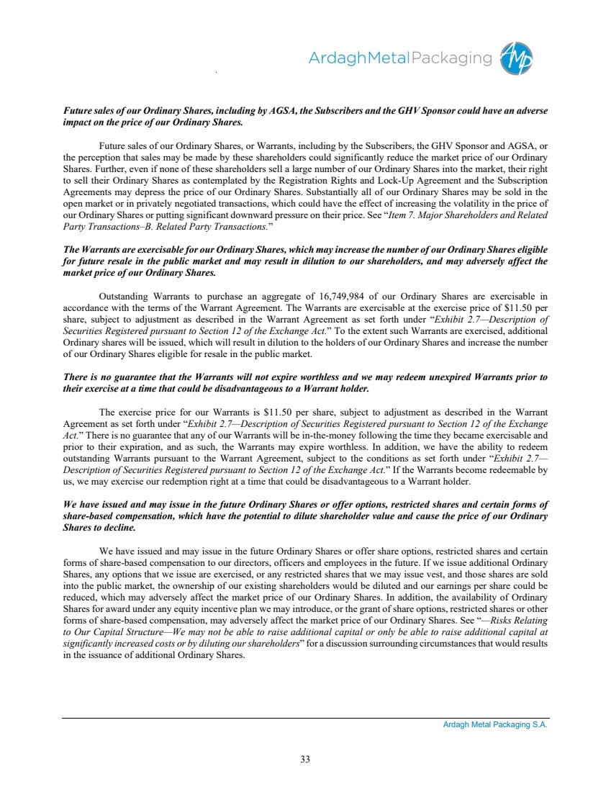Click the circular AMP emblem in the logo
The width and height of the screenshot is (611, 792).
517,58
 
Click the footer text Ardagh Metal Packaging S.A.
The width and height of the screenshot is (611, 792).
495,725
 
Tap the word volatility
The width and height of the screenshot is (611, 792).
470,204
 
